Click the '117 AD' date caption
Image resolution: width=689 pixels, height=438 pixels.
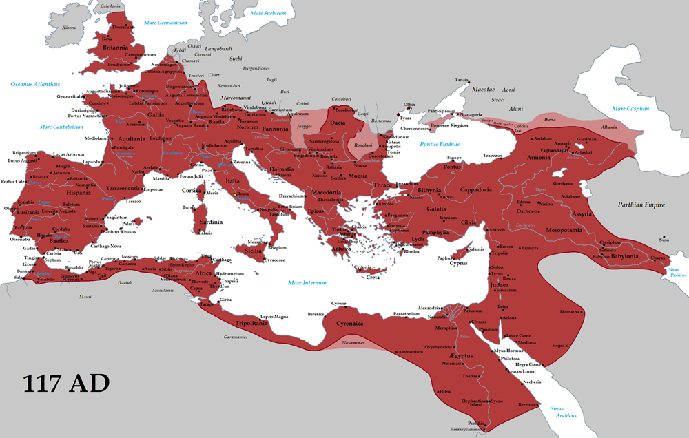pyautogui.click(x=65, y=384)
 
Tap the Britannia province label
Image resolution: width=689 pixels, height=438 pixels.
pyautogui.click(x=115, y=48)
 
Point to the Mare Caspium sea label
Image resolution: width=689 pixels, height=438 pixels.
pyautogui.click(x=630, y=109)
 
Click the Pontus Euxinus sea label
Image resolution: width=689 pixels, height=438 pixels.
pyautogui.click(x=439, y=144)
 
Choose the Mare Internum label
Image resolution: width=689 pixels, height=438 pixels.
pyautogui.click(x=307, y=282)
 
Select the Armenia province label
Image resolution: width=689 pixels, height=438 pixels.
pyautogui.click(x=539, y=157)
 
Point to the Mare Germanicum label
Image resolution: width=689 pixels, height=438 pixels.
pyautogui.click(x=165, y=23)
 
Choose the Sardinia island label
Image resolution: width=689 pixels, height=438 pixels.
pyautogui.click(x=211, y=222)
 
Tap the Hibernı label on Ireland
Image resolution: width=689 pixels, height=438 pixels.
pyautogui.click(x=70, y=28)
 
